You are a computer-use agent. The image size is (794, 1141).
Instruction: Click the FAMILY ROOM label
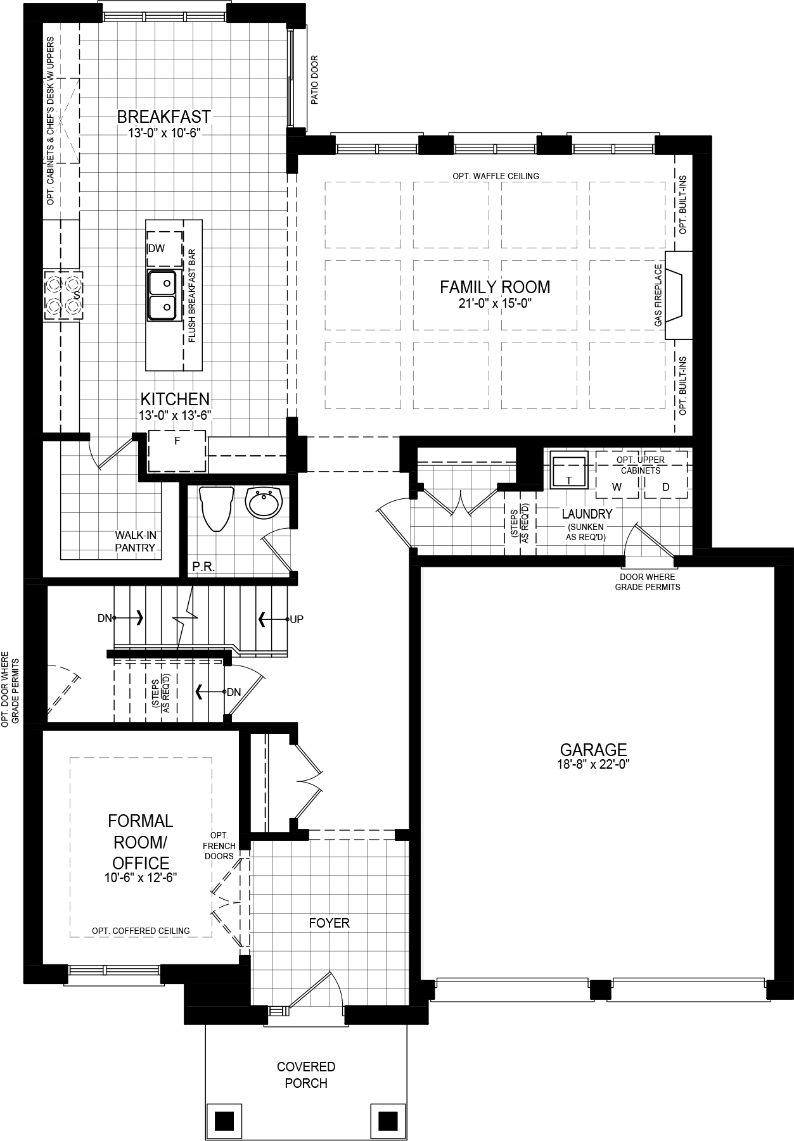point(495,287)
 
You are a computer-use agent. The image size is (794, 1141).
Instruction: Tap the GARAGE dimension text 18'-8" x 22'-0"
point(593,764)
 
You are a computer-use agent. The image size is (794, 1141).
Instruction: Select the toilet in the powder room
point(216,508)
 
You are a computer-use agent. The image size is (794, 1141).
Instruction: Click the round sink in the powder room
point(264,503)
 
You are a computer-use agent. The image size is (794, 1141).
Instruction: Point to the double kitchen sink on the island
point(162,295)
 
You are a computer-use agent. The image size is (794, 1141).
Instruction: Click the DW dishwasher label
point(156,248)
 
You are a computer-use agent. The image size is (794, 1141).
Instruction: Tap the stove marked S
point(63,295)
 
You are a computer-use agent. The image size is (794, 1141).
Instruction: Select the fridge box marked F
point(177,451)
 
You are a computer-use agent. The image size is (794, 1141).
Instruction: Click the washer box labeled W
point(617,486)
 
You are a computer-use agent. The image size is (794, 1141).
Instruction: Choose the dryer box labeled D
point(665,486)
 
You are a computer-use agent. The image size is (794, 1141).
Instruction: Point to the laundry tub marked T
point(568,472)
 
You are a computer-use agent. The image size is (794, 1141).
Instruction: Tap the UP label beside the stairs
point(297,619)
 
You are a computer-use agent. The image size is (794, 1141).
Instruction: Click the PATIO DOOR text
point(315,80)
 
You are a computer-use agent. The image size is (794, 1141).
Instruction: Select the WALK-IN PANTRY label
point(135,541)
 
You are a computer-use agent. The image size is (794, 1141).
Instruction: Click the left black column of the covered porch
point(224,1121)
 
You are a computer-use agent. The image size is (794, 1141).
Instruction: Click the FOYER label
point(329,923)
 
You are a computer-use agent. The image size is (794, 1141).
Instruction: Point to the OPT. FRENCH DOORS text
point(219,846)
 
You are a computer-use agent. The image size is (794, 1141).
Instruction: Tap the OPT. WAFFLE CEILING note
point(496,176)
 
